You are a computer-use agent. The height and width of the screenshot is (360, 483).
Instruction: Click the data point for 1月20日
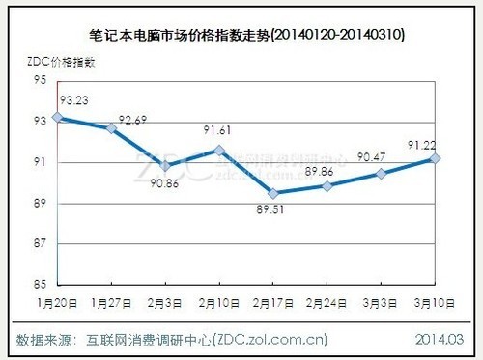coord(58,117)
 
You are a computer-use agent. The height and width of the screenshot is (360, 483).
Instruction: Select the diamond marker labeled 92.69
coord(112,127)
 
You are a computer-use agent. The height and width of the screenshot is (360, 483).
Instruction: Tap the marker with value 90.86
coord(166,165)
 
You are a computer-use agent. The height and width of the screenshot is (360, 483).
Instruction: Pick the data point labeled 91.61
coord(220,150)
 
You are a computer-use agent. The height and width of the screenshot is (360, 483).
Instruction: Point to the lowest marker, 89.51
coord(274,193)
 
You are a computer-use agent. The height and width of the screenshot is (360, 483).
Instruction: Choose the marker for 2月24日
coord(328,185)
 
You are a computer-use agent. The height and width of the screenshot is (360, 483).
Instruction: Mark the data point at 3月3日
coord(382,173)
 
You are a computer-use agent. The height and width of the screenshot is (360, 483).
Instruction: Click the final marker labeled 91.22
coord(436,157)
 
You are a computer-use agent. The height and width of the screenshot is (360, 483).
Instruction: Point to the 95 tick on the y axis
coord(42,80)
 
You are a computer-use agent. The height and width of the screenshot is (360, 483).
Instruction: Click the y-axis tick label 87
coord(42,244)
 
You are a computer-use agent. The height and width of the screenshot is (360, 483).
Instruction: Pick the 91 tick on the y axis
coord(42,162)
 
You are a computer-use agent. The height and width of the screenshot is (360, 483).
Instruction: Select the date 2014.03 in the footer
coord(440,340)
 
